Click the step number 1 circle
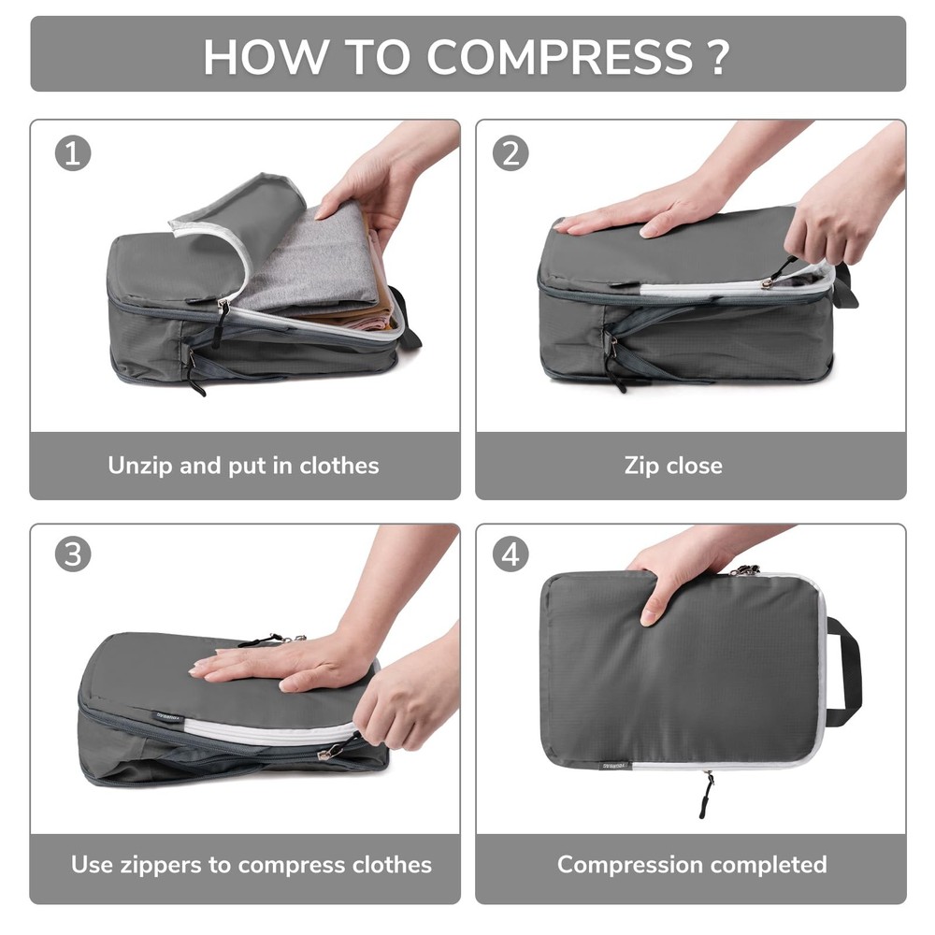point(73,153)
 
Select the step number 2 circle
point(510,153)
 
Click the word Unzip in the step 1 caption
point(139,465)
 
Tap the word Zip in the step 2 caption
point(641,465)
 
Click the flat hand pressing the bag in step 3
point(280,664)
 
